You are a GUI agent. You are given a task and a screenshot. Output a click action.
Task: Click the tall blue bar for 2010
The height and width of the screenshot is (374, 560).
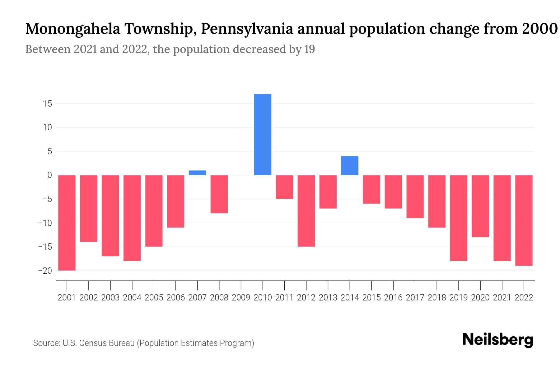(x=263, y=135)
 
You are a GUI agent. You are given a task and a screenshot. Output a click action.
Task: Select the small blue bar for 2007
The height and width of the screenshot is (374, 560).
(x=197, y=173)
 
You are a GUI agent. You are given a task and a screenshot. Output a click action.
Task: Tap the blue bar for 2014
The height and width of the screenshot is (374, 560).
(x=350, y=165)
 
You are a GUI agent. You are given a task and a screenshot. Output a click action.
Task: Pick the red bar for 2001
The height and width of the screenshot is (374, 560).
(x=67, y=223)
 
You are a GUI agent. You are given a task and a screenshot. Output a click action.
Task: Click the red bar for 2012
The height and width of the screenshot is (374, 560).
(x=306, y=211)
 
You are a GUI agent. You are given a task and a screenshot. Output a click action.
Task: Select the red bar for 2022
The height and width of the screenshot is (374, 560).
(x=524, y=220)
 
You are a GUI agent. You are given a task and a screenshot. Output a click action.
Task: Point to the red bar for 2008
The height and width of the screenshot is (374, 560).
(x=219, y=194)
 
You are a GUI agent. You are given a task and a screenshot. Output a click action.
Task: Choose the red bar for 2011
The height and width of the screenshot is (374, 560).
(x=284, y=187)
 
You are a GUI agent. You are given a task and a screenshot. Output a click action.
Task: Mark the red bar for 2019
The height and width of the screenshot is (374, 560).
(x=459, y=218)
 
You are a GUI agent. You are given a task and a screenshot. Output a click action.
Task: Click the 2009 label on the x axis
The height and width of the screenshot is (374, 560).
(x=241, y=298)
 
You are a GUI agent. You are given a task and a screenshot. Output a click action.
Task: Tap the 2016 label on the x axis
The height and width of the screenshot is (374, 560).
(x=393, y=298)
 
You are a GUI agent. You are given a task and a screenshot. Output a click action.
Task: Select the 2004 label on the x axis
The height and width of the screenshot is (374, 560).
(x=132, y=298)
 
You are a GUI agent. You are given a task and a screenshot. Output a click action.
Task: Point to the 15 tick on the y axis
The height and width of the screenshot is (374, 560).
(x=47, y=103)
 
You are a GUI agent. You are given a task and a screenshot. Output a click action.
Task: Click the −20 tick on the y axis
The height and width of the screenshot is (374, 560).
(x=45, y=271)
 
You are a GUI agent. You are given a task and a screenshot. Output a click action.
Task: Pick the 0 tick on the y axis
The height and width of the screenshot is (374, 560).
(x=49, y=175)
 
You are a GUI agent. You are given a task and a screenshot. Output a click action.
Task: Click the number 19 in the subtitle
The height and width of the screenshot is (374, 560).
(x=310, y=49)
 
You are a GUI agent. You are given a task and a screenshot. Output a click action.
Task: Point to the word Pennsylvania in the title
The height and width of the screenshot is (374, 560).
(x=247, y=29)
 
